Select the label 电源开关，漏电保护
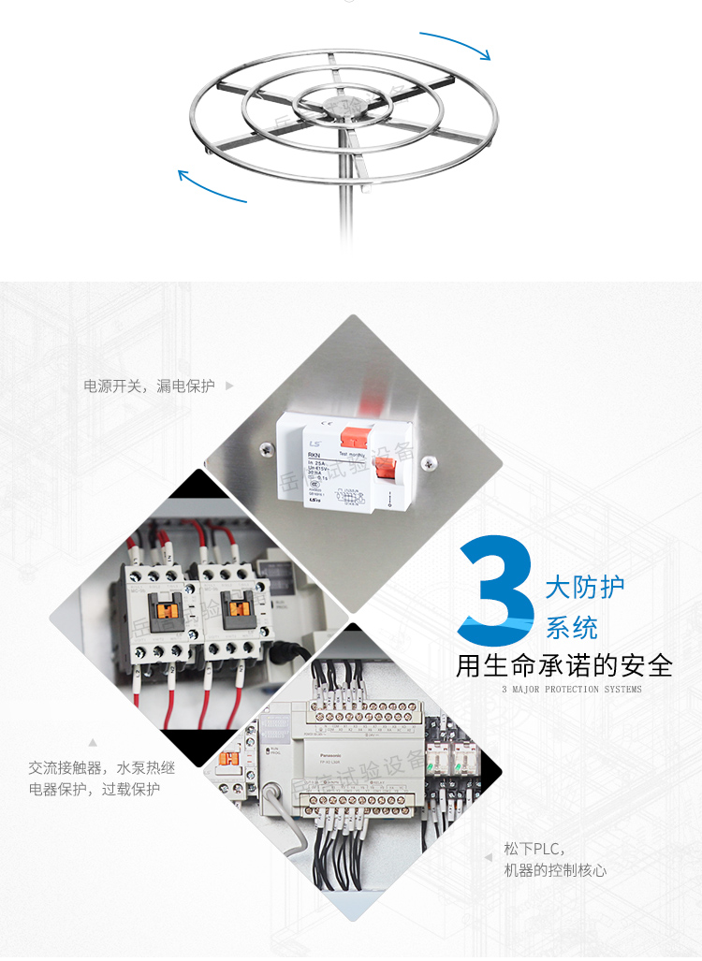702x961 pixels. pyautogui.click(x=150, y=386)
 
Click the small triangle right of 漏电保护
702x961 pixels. pyautogui.click(x=230, y=386)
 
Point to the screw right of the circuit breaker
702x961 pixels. pyautogui.click(x=430, y=461)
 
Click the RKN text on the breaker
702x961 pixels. pyautogui.click(x=314, y=456)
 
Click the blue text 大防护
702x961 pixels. pyautogui.click(x=585, y=588)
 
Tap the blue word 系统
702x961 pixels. pyautogui.click(x=572, y=627)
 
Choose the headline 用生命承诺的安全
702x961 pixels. pyautogui.click(x=563, y=665)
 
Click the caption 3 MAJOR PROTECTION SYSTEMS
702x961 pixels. pyautogui.click(x=572, y=690)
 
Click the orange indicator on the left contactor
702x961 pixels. pyautogui.click(x=171, y=609)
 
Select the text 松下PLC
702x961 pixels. pyautogui.click(x=531, y=849)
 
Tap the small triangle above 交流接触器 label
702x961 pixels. pyautogui.click(x=93, y=743)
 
